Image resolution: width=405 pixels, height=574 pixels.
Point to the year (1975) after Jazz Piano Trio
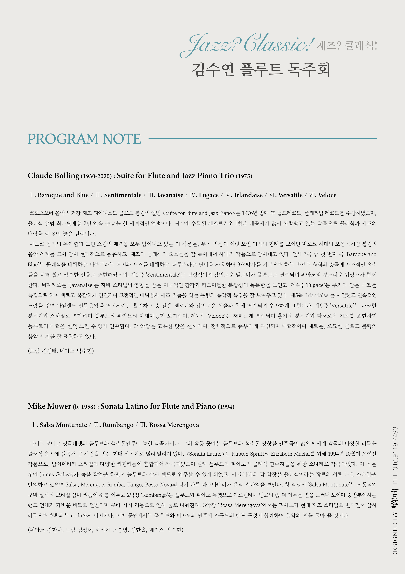(244, 176)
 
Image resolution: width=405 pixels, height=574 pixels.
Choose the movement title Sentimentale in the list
(123, 195)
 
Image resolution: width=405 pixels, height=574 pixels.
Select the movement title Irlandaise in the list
(248, 195)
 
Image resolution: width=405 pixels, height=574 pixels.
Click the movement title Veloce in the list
(327, 195)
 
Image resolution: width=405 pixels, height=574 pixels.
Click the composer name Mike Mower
(49, 406)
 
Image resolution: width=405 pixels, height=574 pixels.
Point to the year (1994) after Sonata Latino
(226, 407)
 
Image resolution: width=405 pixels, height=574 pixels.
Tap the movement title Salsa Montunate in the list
(63, 425)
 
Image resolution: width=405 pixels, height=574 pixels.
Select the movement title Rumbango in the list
(118, 425)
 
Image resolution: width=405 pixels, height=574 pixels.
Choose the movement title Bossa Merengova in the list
(174, 425)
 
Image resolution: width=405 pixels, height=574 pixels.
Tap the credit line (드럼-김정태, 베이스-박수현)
(61, 351)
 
